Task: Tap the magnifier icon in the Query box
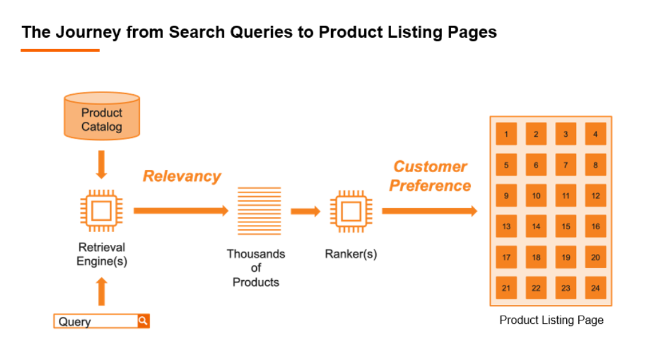143,321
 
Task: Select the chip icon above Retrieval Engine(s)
101,211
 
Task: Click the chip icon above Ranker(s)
350,211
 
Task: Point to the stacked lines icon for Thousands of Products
259,211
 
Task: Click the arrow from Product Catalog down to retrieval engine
101,164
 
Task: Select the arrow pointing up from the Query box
101,292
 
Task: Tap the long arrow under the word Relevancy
181,211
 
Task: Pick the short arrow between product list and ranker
305,211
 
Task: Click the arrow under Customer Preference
429,211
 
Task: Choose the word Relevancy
182,176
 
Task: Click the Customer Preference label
430,176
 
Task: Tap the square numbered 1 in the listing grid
506,134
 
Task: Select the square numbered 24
595,288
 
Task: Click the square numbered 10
536,196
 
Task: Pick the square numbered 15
566,226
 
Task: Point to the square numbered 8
595,165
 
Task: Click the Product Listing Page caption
551,320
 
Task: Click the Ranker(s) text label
351,254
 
